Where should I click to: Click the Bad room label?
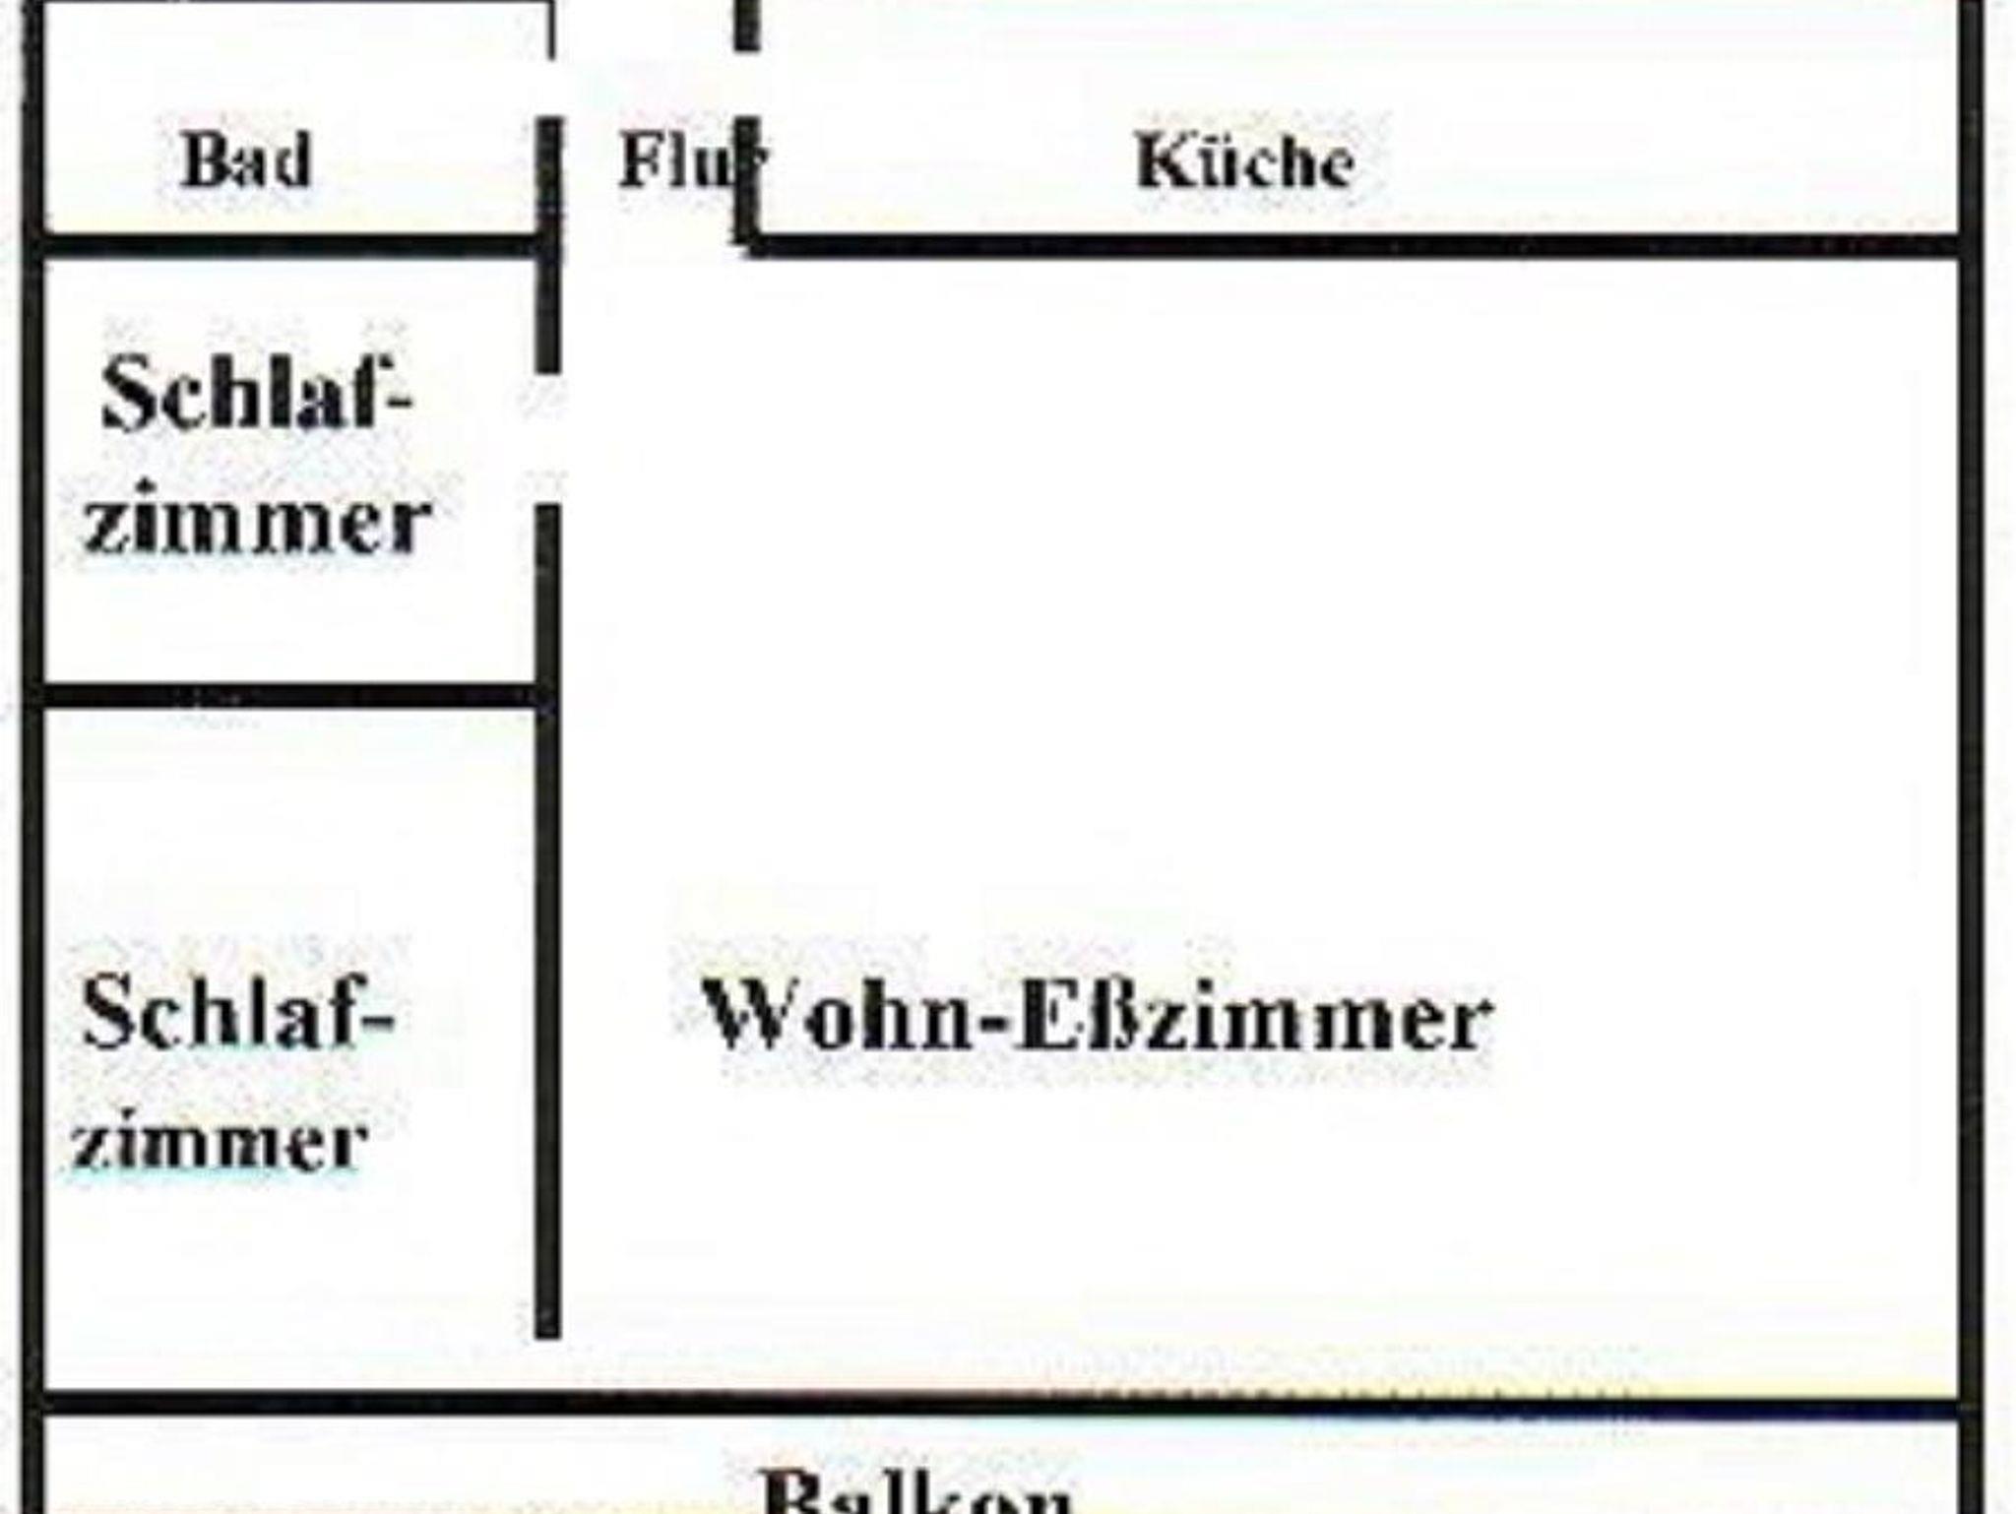[x=247, y=160]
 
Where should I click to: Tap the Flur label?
[x=690, y=160]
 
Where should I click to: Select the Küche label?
[x=1245, y=160]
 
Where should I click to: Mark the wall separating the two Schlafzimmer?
[x=285, y=695]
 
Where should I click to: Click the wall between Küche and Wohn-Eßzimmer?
[x=1349, y=246]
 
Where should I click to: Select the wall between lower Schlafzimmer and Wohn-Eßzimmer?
[x=548, y=984]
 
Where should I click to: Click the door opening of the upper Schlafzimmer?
[x=548, y=439]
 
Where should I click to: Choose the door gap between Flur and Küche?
[x=747, y=84]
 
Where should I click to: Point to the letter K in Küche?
[x=1160, y=160]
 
